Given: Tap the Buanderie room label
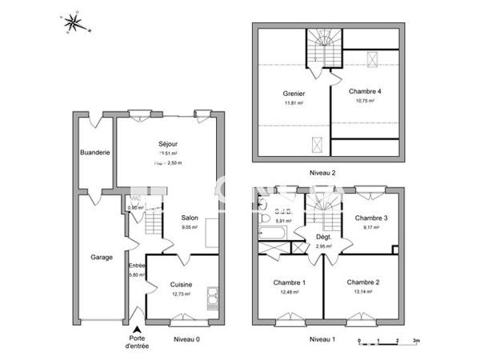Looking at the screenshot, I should [94, 152].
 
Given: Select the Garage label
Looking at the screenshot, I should [102, 258].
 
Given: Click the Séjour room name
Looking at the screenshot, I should [167, 144].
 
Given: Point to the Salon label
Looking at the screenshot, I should [190, 218].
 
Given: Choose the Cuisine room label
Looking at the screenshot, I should [181, 284].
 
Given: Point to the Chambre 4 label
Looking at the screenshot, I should [365, 91].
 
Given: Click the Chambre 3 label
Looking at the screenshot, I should [372, 218].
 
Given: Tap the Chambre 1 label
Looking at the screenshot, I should [289, 282].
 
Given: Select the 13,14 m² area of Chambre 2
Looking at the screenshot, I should [363, 292].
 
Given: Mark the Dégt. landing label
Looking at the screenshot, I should [324, 237].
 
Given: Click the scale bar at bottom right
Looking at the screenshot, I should [389, 340].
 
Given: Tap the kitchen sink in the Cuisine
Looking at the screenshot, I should [211, 298].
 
